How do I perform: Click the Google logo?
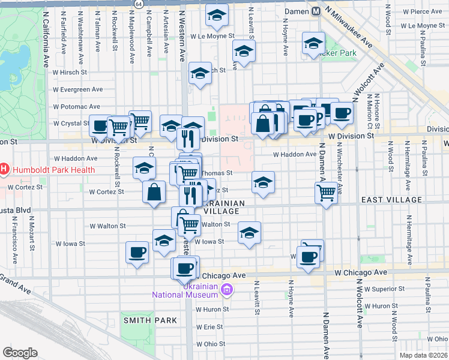[x=20, y=353]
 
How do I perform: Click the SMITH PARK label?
[x=150, y=320]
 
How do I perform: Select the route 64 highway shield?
[x=139, y=4]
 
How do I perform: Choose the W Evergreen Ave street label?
[x=77, y=89]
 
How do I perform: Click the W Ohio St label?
[x=209, y=344]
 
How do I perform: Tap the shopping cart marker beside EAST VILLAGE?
[x=326, y=193]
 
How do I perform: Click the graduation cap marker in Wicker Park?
[x=313, y=45]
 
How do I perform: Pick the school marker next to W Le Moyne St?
[x=217, y=16]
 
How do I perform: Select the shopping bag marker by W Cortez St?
[x=154, y=192]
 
